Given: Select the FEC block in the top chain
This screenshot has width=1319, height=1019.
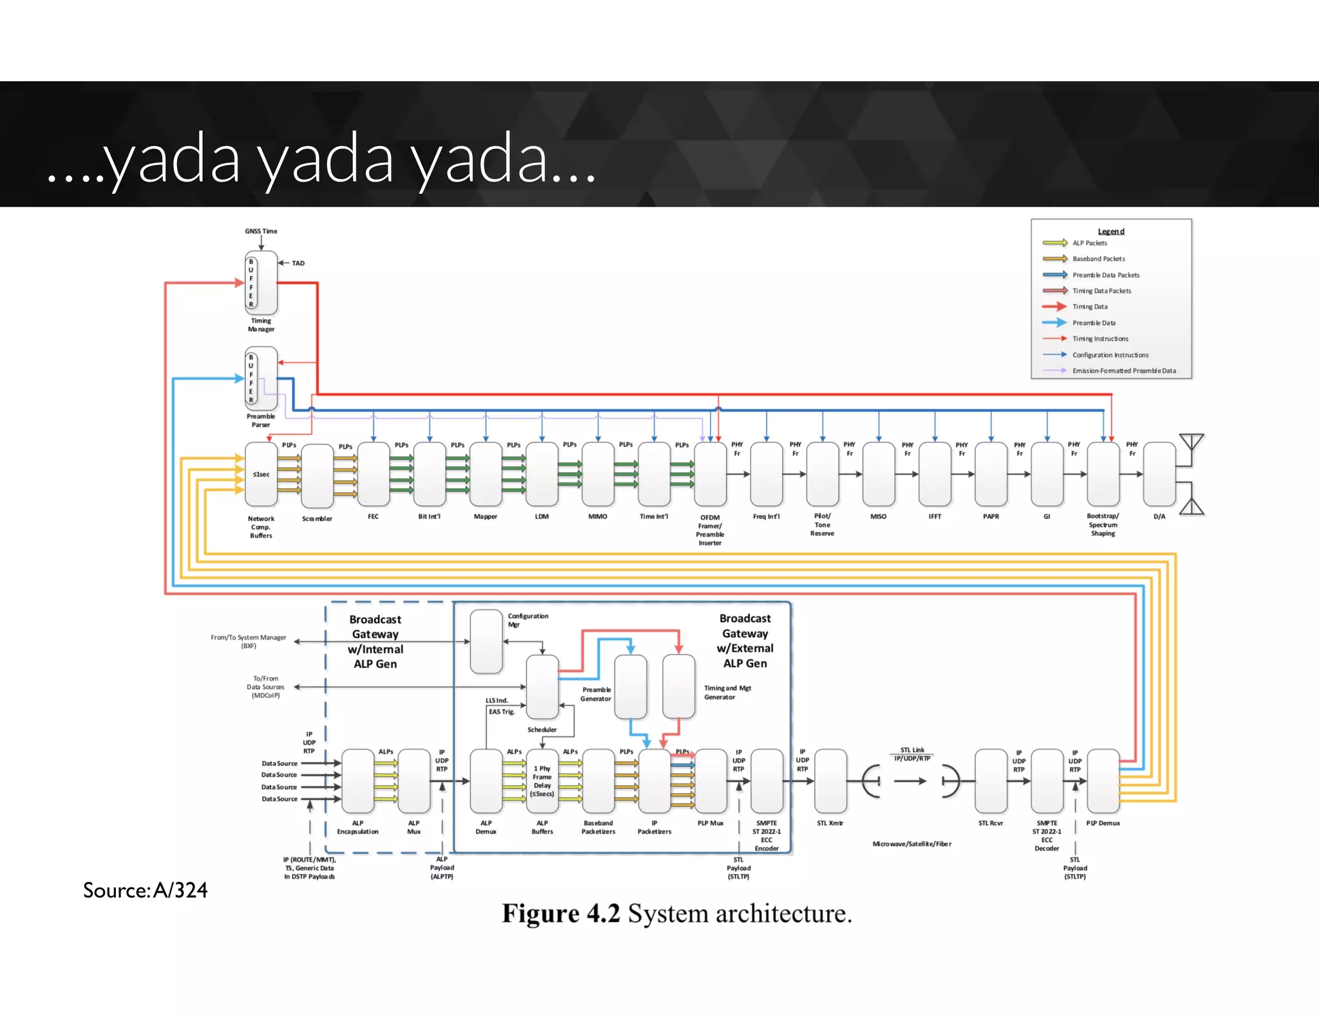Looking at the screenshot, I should tap(374, 474).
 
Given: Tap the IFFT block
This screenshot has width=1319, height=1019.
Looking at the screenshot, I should tap(935, 474).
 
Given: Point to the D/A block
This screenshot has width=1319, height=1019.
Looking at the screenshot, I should tap(1159, 474).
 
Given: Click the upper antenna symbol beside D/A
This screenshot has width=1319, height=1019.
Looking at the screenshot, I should tap(1191, 443).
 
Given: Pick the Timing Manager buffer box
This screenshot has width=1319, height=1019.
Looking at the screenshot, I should tap(261, 283).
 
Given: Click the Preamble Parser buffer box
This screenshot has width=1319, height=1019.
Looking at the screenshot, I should tap(261, 379).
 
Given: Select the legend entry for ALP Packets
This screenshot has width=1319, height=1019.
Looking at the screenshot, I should tap(1089, 243).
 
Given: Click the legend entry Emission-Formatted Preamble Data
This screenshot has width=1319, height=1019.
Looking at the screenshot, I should tap(1123, 370).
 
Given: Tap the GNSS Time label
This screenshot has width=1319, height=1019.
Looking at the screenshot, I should tap(261, 231).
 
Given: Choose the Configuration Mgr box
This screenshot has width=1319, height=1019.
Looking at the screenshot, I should tap(486, 642).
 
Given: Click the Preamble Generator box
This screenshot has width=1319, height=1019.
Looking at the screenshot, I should tap(631, 687).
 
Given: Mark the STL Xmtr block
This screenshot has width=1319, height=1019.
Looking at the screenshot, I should tap(830, 781).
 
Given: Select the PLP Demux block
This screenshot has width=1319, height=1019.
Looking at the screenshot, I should tap(1103, 781).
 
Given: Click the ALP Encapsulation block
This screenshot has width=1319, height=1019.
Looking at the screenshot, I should tap(357, 781).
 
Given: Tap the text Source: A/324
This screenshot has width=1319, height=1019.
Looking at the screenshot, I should tap(146, 890).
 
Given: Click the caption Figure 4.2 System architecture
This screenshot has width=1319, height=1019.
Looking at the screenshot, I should tap(676, 913).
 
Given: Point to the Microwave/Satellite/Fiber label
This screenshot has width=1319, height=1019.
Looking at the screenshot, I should tap(911, 844).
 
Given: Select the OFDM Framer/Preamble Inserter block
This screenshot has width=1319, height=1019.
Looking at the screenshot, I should tap(710, 474).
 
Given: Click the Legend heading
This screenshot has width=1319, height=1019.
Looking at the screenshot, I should tap(1111, 231).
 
